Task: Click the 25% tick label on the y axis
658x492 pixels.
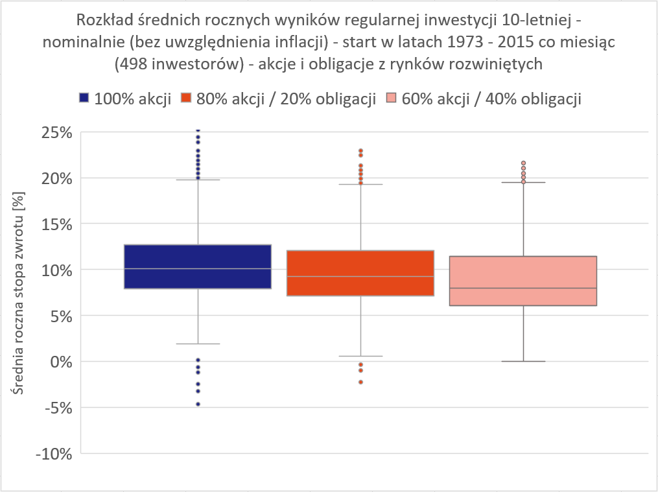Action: point(54,132)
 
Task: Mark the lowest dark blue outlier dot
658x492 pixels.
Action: point(198,404)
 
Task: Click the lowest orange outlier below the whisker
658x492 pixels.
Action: point(360,382)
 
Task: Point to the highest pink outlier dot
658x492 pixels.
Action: point(523,163)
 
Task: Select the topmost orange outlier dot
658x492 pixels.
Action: point(360,151)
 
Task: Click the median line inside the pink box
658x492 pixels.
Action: point(523,288)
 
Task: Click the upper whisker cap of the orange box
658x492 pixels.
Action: point(360,184)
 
